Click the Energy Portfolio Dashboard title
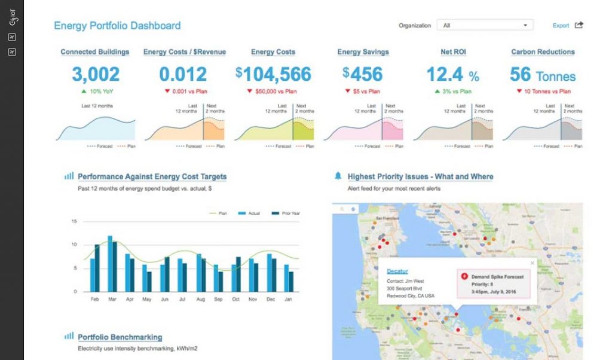tap(117, 26)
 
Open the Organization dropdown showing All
tap(485, 26)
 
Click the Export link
tap(561, 26)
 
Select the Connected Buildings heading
tap(95, 52)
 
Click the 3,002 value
tap(96, 74)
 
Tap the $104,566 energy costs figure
tap(273, 74)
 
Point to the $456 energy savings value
tap(363, 74)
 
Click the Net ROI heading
tap(453, 52)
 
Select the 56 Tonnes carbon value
tap(543, 75)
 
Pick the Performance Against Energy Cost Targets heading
tap(152, 176)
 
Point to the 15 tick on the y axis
tap(74, 221)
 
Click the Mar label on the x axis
tap(112, 299)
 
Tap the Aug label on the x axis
tap(200, 299)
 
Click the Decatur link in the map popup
tap(397, 271)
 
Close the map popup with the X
tap(533, 263)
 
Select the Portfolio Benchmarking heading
tap(120, 337)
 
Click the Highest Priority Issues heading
tap(420, 176)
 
